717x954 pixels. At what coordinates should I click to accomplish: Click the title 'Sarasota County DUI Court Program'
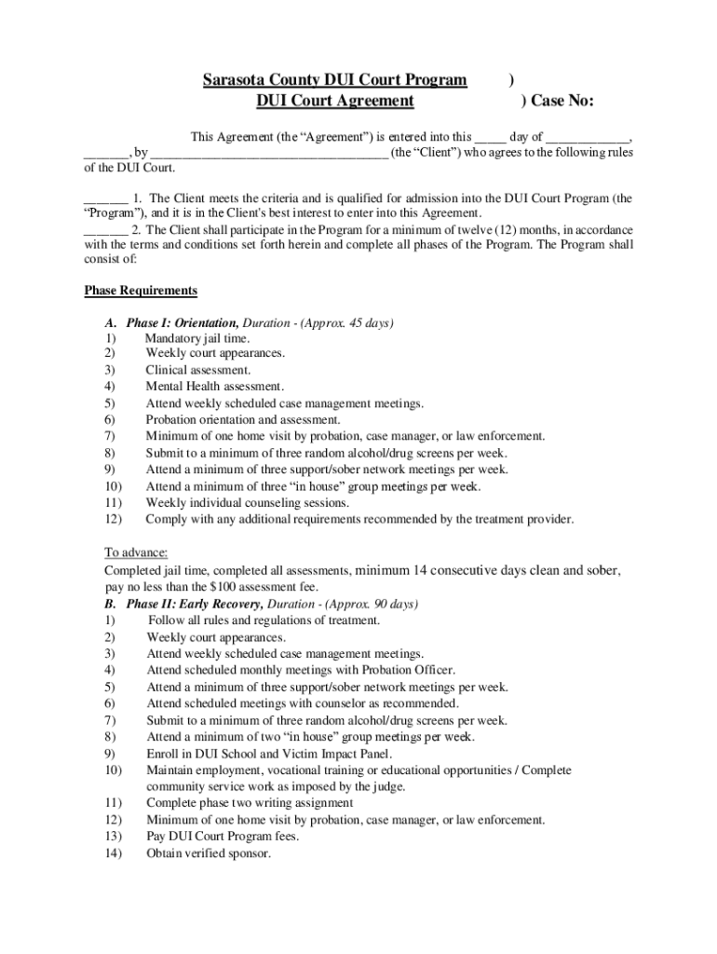point(335,80)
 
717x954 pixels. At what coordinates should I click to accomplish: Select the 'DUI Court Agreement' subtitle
point(335,101)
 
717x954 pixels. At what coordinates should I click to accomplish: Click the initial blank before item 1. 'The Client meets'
point(105,198)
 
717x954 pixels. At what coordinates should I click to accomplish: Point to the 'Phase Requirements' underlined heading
point(141,291)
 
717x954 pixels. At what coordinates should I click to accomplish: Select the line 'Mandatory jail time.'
point(196,338)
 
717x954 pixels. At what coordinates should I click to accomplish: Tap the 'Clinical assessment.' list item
point(197,370)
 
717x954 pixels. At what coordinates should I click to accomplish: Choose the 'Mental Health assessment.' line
point(214,387)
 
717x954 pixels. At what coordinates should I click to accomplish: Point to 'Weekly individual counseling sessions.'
point(248,502)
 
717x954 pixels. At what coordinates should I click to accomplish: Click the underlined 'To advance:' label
point(136,552)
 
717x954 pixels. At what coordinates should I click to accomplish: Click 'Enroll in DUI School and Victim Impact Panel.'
point(269,754)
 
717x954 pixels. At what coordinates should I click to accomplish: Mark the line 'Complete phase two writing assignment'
point(250,803)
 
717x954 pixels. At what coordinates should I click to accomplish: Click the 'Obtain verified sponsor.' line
point(209,852)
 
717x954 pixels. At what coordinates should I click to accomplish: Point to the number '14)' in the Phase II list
point(113,852)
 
